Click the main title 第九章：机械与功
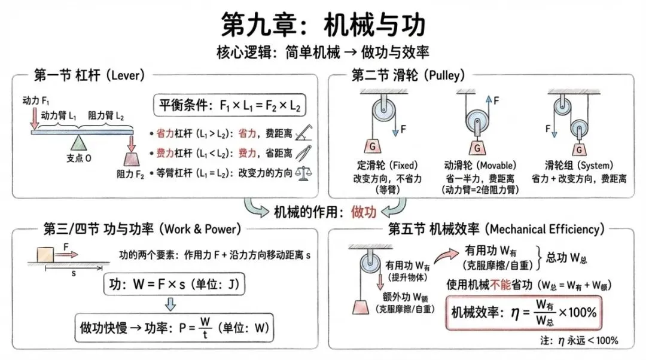click(x=323, y=25)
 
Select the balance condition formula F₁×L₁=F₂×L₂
click(x=230, y=106)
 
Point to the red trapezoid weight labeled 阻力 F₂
click(x=130, y=157)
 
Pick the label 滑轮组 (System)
click(x=578, y=166)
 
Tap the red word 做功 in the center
click(x=364, y=211)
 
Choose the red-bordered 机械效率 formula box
click(x=525, y=312)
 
